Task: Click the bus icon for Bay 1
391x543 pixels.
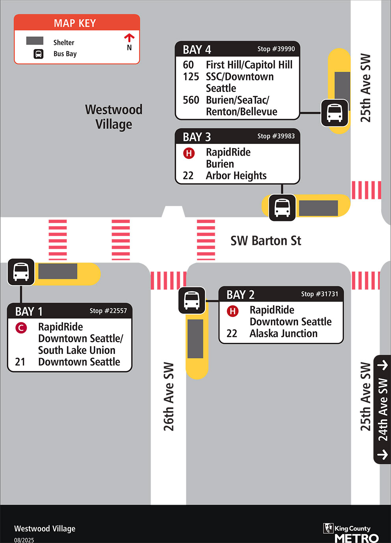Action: pos(21,272)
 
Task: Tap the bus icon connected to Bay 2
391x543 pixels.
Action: pos(192,301)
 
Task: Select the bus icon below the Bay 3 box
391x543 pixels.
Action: pos(282,207)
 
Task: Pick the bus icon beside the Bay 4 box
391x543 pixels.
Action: pos(335,113)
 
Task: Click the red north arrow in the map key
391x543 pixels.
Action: pos(129,38)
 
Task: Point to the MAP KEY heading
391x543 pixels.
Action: pos(75,23)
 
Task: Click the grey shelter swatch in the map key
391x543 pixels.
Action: pos(35,41)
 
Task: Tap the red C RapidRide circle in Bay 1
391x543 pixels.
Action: pos(21,327)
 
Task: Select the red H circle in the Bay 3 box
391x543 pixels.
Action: pos(189,153)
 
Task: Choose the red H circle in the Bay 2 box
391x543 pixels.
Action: pos(233,311)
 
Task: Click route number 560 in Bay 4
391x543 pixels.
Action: pos(191,100)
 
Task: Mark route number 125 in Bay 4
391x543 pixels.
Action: pos(191,76)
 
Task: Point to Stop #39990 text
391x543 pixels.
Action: pos(276,49)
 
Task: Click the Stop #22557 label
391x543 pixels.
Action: pos(108,311)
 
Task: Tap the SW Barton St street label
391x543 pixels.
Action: pos(266,241)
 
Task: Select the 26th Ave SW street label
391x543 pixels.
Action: pos(169,396)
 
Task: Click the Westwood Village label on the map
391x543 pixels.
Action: pos(114,117)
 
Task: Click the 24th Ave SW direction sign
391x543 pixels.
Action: pos(382,409)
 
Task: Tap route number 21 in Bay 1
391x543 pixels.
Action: pos(20,362)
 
